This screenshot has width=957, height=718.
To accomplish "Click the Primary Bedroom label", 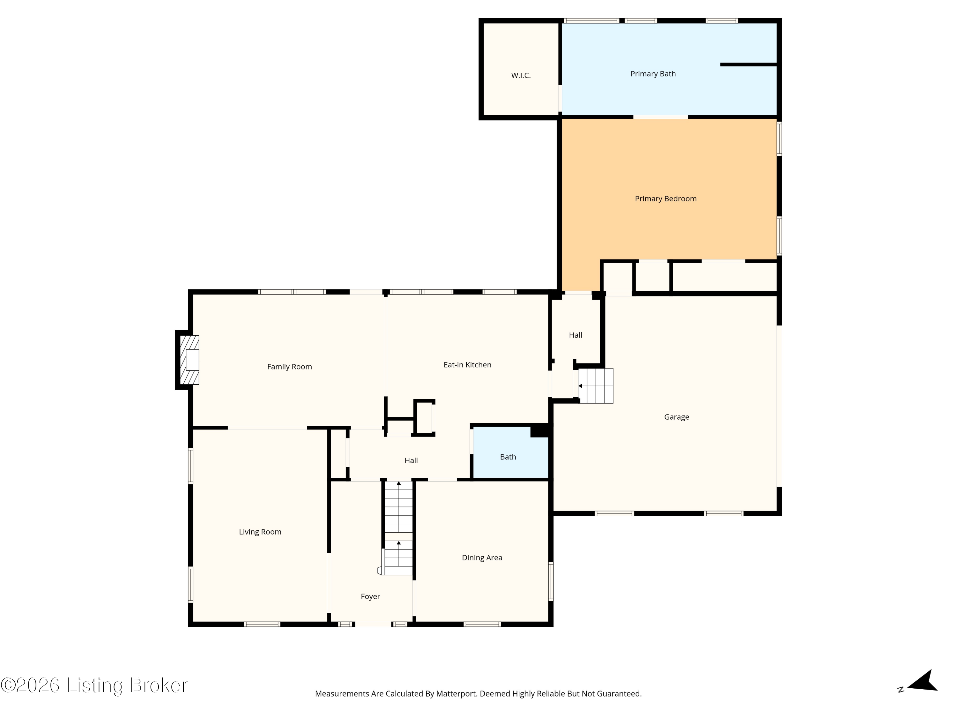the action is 665,199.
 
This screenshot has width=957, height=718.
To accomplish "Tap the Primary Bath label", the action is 653,74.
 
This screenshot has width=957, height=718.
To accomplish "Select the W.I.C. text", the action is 521,75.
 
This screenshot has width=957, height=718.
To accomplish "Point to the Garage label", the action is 677,417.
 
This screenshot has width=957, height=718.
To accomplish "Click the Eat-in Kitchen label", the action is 467,365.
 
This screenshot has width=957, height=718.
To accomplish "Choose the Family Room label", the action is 289,367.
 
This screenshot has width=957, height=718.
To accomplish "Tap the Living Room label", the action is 260,532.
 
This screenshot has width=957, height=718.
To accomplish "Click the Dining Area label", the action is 482,558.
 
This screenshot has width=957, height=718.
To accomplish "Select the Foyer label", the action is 370,596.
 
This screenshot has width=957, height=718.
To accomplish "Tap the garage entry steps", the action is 596,385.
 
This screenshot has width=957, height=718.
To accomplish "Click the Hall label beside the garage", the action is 575,335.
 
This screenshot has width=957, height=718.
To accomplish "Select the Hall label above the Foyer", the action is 411,460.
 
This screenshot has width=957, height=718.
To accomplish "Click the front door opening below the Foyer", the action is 373,624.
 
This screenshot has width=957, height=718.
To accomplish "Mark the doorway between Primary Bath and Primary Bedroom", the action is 661,117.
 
